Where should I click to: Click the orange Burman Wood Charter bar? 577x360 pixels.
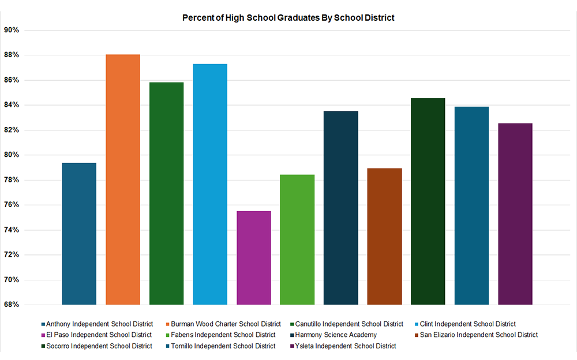pyautogui.click(x=123, y=179)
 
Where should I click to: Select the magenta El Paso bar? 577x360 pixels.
pyautogui.click(x=254, y=257)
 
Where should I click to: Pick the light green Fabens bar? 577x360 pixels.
pyautogui.click(x=297, y=239)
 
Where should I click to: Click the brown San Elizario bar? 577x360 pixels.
pyautogui.click(x=384, y=236)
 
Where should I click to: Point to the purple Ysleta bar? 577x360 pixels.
pyautogui.click(x=515, y=213)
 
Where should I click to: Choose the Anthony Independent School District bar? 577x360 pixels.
pyautogui.click(x=79, y=233)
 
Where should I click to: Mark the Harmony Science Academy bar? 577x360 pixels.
pyautogui.click(x=340, y=208)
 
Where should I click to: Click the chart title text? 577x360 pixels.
pyautogui.click(x=288, y=18)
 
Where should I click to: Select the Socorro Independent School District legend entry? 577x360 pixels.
pyautogui.click(x=99, y=346)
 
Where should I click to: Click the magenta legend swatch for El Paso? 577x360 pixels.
pyautogui.click(x=43, y=335)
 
